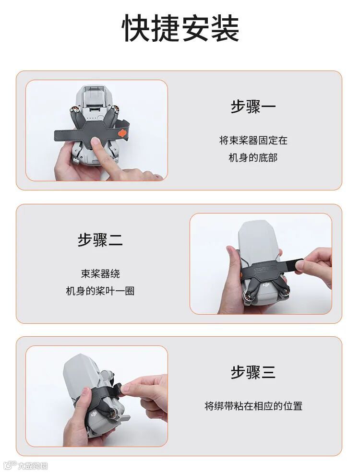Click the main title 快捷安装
coord(180,28)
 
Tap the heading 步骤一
coord(253,106)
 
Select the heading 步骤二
coord(100,240)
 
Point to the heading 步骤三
coord(253,372)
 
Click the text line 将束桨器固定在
coord(253,140)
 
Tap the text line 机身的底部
coord(253,157)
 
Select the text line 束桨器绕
coord(100,273)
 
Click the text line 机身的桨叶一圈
coord(100,291)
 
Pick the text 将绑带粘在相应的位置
coord(253,406)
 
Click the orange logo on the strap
coord(122,133)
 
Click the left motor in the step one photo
coord(74,108)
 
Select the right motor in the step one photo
coord(115,108)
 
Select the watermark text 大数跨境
coord(32,466)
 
